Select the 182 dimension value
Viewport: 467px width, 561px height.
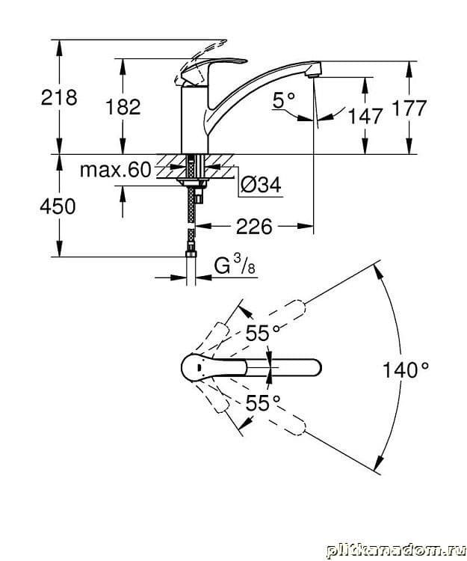point(124,107)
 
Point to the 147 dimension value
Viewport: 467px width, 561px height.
point(365,116)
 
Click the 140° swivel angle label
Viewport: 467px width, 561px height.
point(406,369)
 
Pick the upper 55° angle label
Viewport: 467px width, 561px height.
point(263,334)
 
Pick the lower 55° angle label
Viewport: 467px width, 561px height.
point(263,402)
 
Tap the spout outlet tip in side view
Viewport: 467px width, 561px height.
point(315,71)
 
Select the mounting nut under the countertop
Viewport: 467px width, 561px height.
point(194,179)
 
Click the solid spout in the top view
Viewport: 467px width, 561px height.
point(288,368)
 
